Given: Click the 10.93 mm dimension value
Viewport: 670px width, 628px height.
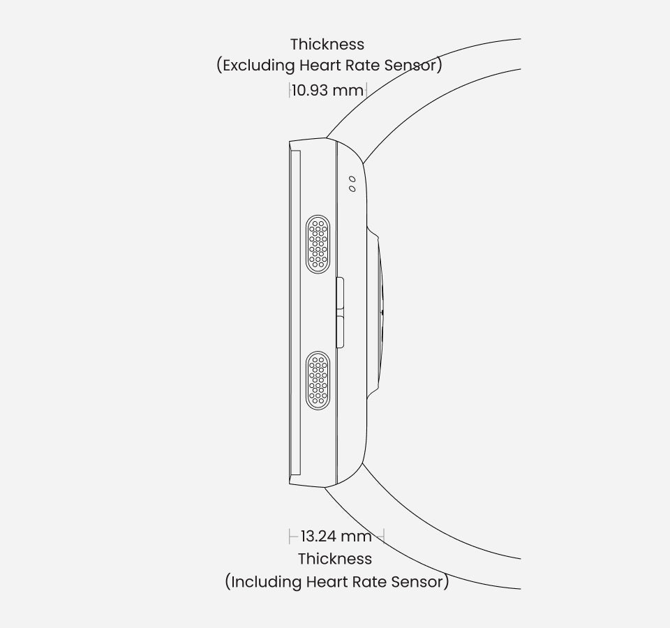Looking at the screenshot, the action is pos(328,91).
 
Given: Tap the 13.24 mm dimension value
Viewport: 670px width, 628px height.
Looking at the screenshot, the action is pos(336,536).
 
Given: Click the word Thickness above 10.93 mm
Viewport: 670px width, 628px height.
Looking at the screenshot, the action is pos(327,45).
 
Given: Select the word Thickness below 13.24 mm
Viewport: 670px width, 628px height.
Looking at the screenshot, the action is pos(335,559).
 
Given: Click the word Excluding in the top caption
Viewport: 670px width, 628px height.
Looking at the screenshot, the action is pos(259,66).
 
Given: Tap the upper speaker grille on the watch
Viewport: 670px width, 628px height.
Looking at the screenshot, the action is pos(318,244).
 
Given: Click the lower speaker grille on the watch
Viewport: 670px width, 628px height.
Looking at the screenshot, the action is pos(318,381).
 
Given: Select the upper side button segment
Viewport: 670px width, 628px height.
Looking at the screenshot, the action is pos(341,292).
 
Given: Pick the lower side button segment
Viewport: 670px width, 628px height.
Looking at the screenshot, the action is pos(341,332).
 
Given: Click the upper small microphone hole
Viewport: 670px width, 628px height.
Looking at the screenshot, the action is pos(352,179).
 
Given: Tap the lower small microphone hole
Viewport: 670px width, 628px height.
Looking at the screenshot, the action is pos(352,188).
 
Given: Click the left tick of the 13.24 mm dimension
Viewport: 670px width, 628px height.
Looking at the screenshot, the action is pos(290,536).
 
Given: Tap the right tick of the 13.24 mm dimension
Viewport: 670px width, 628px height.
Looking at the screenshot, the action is pos(384,536).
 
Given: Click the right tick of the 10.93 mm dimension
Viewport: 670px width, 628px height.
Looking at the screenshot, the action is pos(366,91).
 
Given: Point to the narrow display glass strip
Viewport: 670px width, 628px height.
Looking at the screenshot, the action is pos(295,313).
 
